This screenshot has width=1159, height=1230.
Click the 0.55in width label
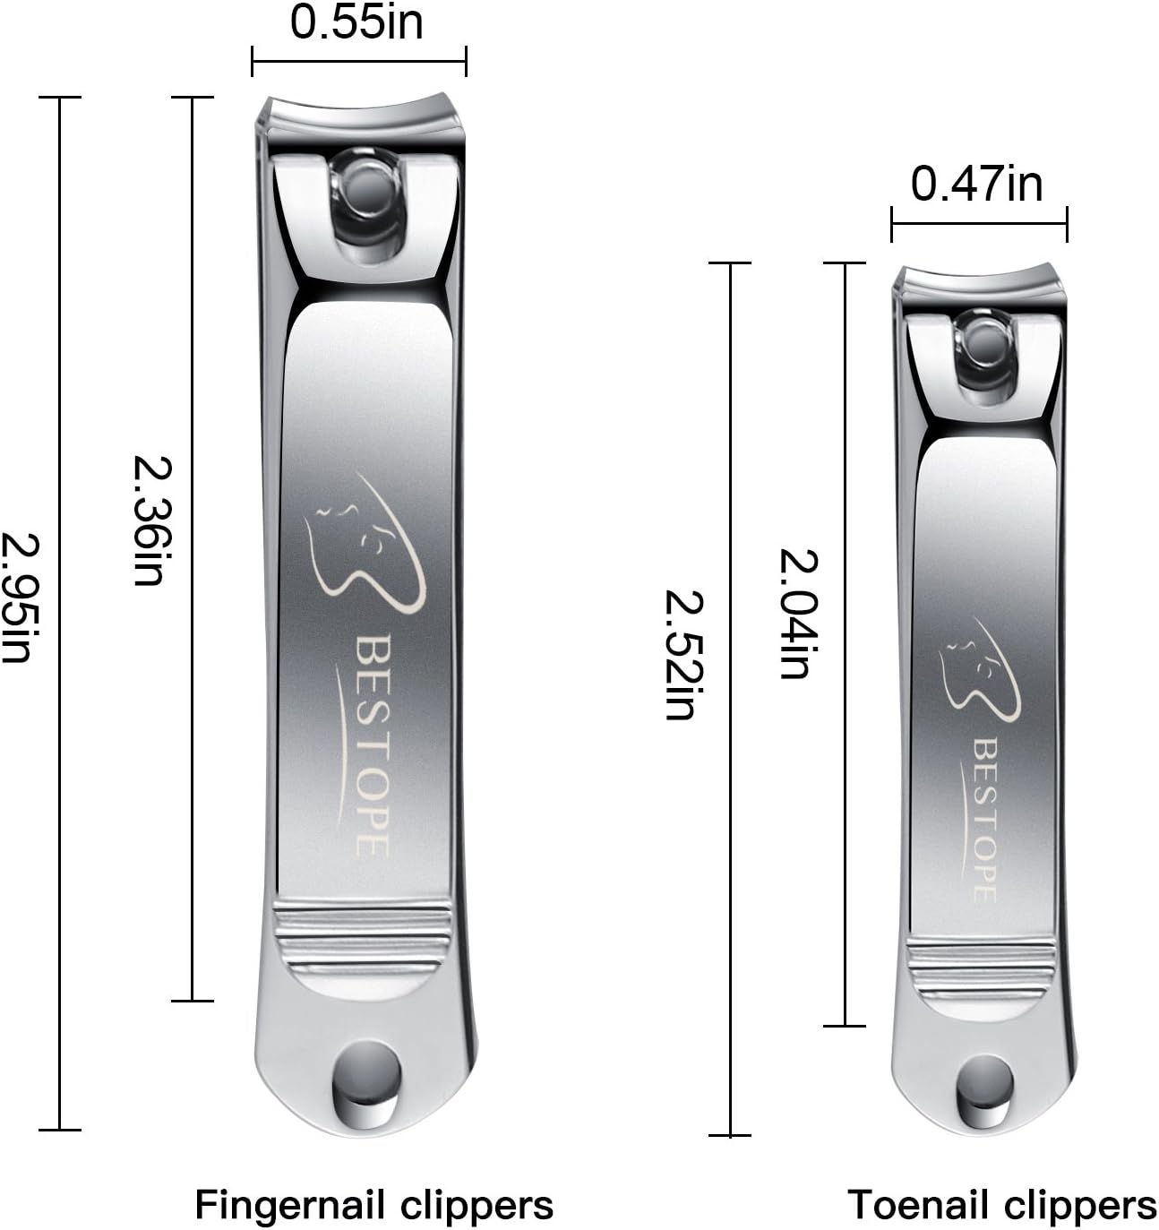pos(356,23)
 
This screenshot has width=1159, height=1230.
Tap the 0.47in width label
pos(977,184)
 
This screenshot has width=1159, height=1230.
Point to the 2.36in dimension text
pos(152,520)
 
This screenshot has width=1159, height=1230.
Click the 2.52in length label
pos(684,655)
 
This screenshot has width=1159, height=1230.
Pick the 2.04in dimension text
pos(798,614)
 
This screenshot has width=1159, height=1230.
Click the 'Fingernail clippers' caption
pos(374,1205)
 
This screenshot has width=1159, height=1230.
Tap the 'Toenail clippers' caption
pos(1001,1205)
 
